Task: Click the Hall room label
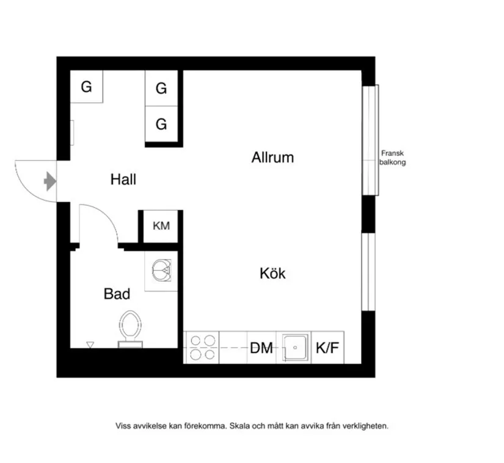click(123, 180)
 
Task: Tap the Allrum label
click(272, 158)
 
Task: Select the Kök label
click(272, 273)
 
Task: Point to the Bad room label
click(117, 294)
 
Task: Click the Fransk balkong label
click(392, 158)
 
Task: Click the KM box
click(161, 226)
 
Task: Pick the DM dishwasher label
click(261, 348)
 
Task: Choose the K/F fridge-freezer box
click(327, 348)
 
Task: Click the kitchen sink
click(294, 348)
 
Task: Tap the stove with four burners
click(202, 348)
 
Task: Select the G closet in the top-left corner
click(86, 87)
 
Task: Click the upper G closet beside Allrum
click(161, 89)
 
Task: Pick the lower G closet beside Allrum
click(161, 125)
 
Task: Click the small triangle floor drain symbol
click(90, 345)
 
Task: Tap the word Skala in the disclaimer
click(240, 426)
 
